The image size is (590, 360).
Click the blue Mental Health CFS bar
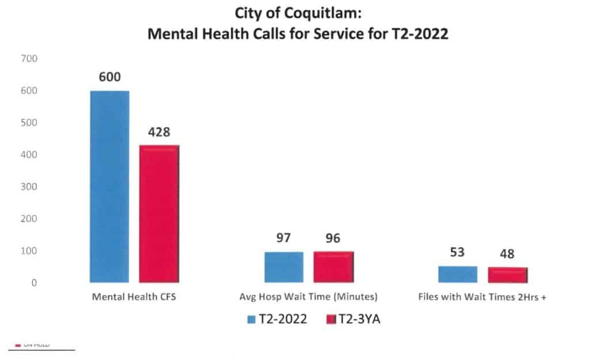click(x=109, y=187)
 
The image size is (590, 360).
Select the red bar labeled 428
click(x=159, y=214)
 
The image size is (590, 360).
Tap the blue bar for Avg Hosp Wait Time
click(x=283, y=267)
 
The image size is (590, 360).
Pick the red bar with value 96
click(x=333, y=267)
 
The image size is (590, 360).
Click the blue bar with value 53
click(x=457, y=274)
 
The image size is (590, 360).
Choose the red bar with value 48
click(x=507, y=275)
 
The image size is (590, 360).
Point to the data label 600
click(x=109, y=77)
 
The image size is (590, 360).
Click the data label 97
click(x=283, y=238)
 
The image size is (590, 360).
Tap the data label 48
click(x=507, y=254)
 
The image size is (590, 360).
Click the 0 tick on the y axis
click(x=34, y=283)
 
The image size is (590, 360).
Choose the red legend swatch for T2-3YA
click(x=331, y=319)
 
